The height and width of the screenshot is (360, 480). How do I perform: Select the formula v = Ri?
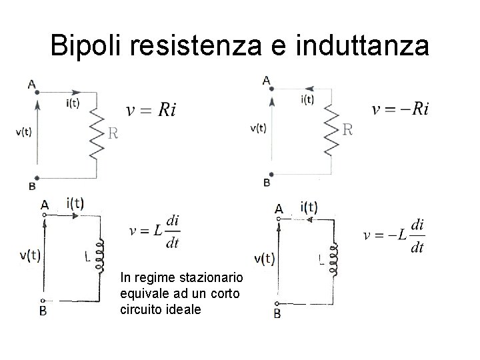pos(152,110)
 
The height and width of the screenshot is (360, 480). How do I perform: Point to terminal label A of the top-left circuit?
pos(32,84)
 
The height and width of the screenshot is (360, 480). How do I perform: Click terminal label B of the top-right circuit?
pos(267,182)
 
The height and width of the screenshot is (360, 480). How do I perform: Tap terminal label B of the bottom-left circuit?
pos(43,311)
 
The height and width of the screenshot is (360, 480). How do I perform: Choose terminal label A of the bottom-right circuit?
pos(280,209)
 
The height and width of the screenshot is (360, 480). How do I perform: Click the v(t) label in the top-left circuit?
pos(23,131)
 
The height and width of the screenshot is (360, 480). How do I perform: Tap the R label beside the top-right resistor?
pos(347,130)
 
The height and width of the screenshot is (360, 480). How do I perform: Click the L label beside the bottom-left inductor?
pos(87,255)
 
